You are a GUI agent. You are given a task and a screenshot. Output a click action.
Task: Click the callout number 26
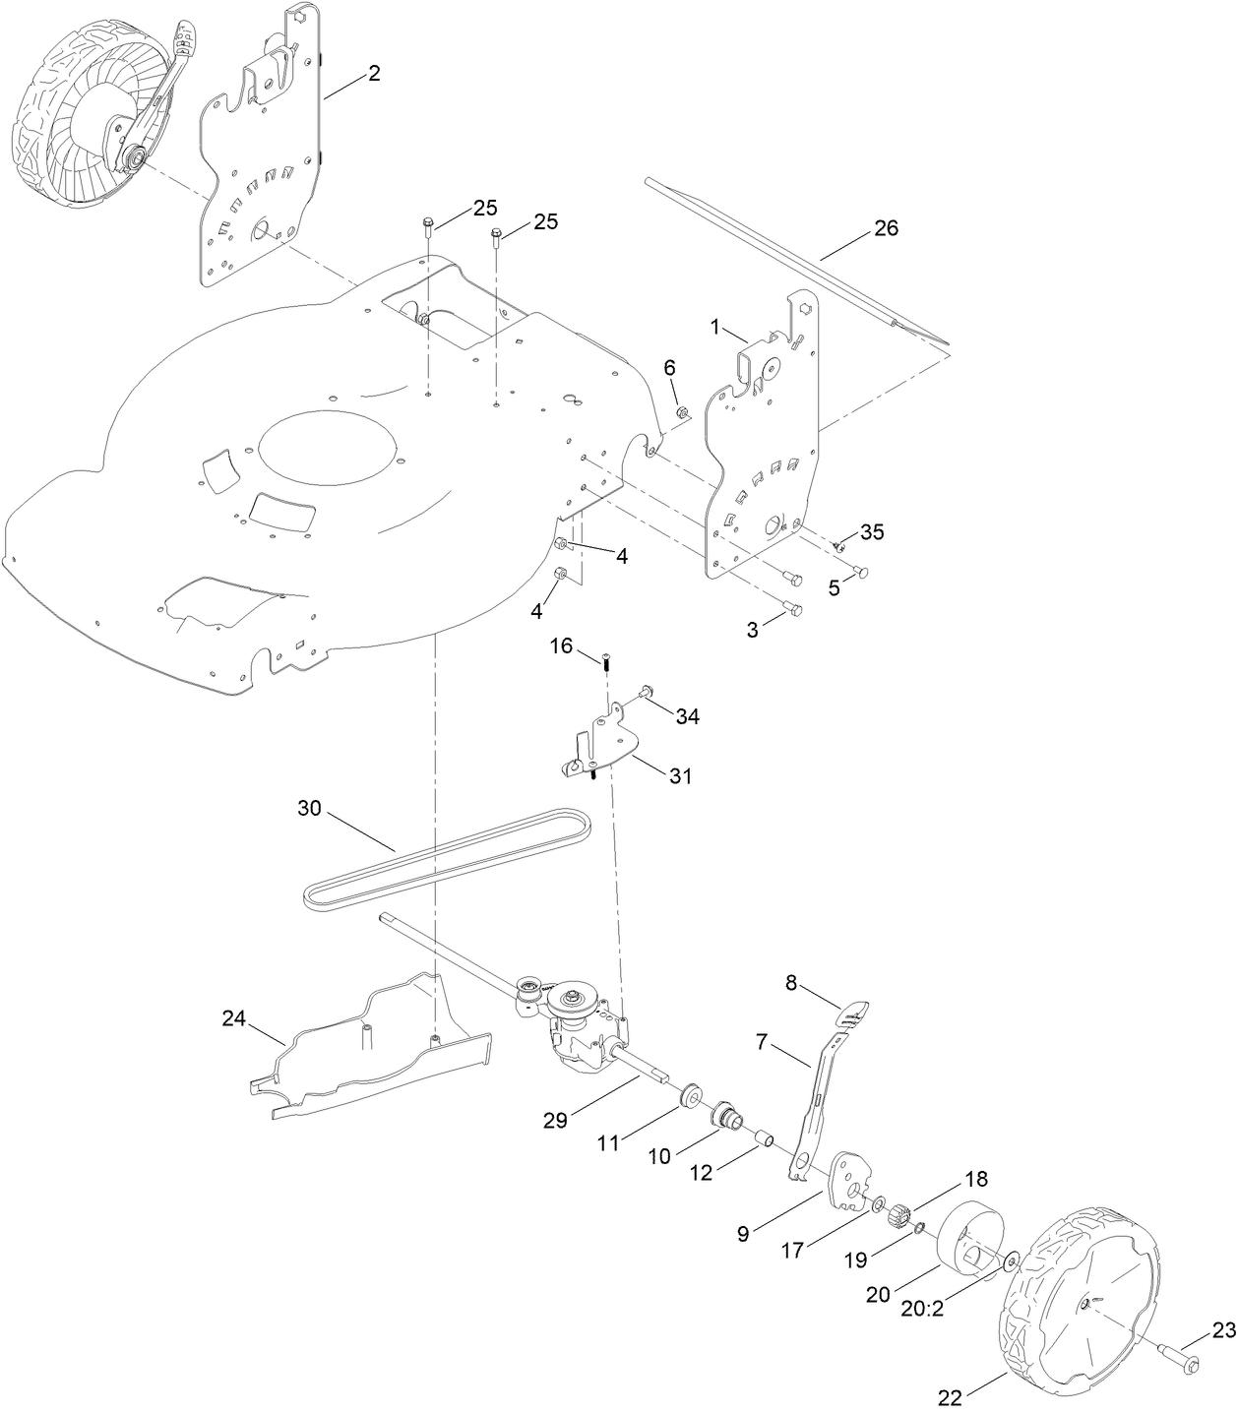click(x=886, y=229)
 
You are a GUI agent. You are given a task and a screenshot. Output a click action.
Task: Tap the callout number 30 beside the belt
click(x=310, y=809)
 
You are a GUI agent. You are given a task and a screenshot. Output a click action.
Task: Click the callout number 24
click(x=233, y=1019)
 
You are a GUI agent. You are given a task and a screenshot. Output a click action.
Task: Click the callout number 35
click(x=872, y=532)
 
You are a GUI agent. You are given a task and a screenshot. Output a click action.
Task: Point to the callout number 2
click(x=374, y=73)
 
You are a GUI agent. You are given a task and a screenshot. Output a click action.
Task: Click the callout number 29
click(x=555, y=1120)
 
